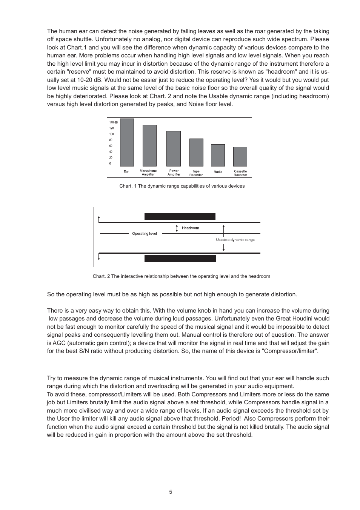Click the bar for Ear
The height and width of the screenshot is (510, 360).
pos(127,143)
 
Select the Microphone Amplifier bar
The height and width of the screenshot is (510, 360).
pos(149,146)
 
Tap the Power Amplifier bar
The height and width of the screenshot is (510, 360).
pos(174,149)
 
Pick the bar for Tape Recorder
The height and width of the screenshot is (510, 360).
pos(196,153)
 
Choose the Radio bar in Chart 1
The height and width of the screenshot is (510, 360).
pos(218,155)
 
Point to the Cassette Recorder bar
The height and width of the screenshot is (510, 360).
pos(240,157)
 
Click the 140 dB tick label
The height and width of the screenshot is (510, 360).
pos(113,122)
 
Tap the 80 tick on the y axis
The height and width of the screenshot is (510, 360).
pos(111,140)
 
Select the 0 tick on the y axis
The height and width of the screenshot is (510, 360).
pos(110,163)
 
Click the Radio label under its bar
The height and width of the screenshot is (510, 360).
pos(218,172)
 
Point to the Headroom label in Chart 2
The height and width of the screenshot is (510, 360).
pos(190,228)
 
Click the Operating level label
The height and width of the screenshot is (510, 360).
pos(145,234)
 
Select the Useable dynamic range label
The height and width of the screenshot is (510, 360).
pos(235,240)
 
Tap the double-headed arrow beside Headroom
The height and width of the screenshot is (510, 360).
pos(177,228)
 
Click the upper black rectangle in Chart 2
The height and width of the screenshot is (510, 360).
pos(180,217)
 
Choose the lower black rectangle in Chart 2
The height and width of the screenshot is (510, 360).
pos(180,259)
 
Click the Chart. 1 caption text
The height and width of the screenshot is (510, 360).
pos(182,186)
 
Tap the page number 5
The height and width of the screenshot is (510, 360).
pos(171,492)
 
